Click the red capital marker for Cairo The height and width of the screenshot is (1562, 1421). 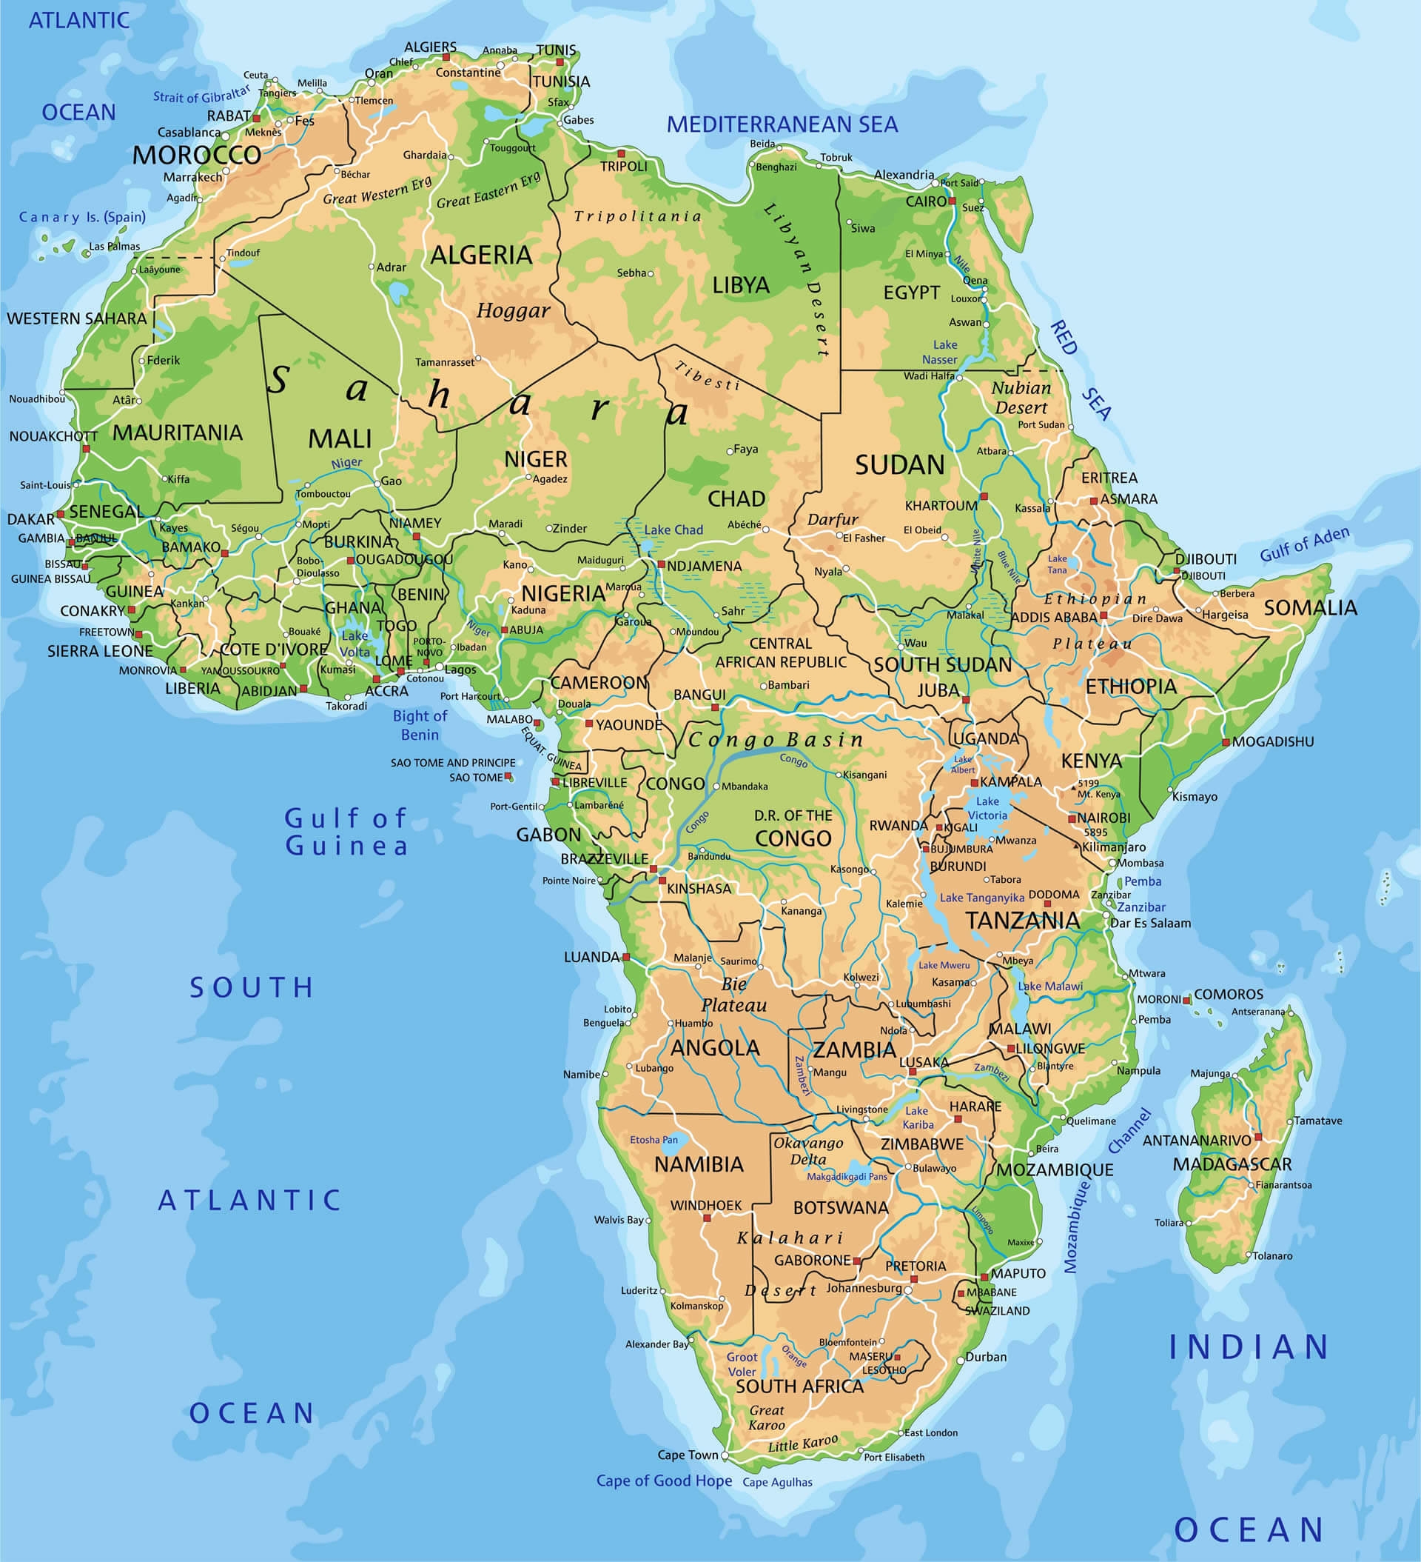953,201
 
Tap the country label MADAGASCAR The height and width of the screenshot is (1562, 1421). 1232,1164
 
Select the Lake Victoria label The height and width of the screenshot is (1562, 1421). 987,808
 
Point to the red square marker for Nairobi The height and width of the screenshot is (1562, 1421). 1072,818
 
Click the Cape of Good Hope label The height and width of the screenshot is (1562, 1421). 664,1481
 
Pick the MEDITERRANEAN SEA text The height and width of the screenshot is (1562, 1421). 782,124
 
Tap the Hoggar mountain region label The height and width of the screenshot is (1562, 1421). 513,310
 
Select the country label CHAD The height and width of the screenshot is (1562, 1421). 736,498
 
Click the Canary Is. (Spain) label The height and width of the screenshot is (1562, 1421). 82,217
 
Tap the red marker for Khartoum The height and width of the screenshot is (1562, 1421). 984,496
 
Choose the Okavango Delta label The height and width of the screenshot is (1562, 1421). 807,1151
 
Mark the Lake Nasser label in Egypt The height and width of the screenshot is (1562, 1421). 940,352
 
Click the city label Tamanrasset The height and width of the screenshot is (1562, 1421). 445,362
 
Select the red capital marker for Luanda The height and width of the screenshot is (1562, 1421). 626,957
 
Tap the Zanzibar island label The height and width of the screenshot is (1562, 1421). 1141,907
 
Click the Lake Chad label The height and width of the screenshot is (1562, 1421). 673,530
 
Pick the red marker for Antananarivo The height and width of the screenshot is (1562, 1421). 1257,1137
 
